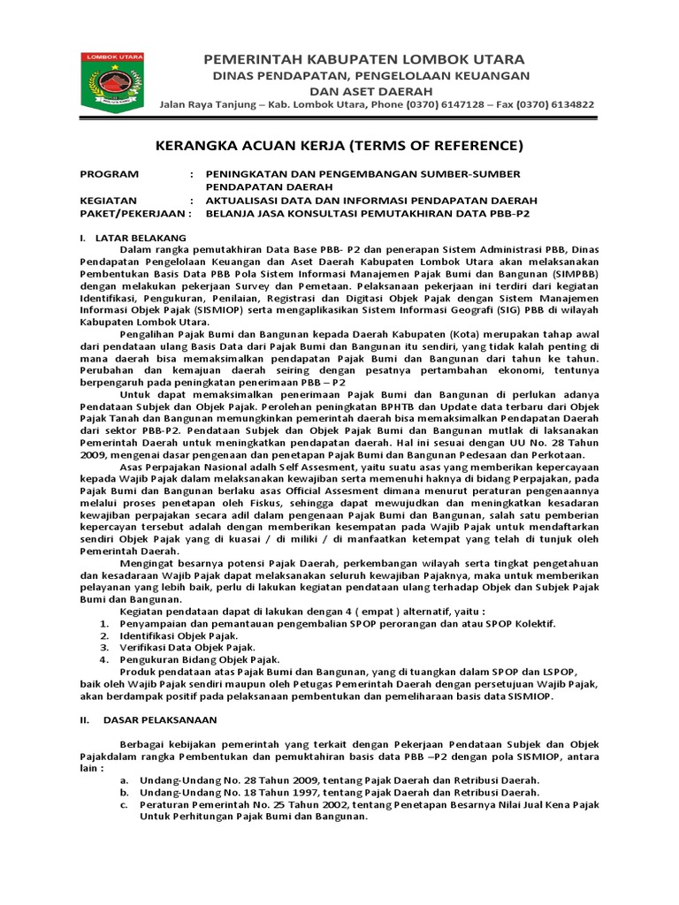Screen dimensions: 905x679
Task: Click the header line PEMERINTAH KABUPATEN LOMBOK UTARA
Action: point(363,59)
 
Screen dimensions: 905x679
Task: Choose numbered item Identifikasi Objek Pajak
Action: point(179,635)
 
